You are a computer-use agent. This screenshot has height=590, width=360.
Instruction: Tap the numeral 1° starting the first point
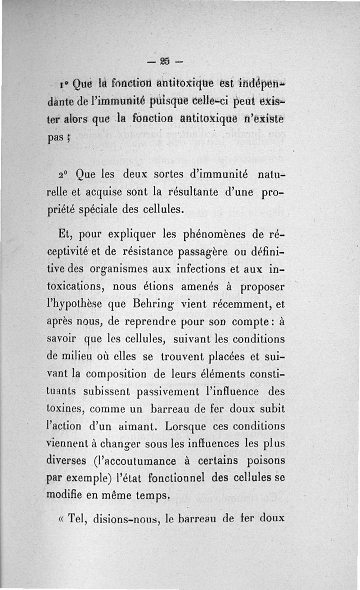[x=63, y=83]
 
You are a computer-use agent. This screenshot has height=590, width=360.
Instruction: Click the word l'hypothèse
[x=75, y=305]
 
